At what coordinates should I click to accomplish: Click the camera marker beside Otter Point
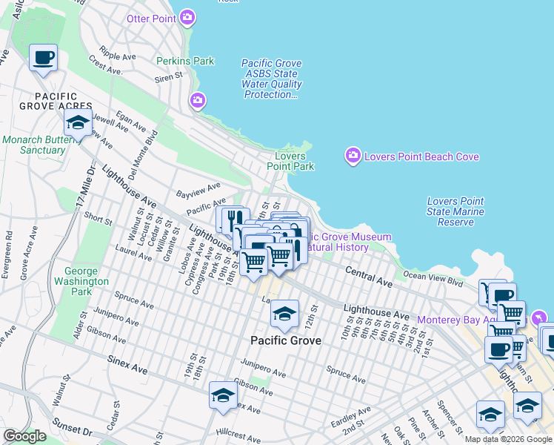pyautogui.click(x=188, y=17)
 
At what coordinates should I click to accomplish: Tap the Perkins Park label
pyautogui.click(x=184, y=61)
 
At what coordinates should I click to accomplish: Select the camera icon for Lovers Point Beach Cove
pyautogui.click(x=353, y=156)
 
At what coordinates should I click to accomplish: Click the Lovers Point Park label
pyautogui.click(x=290, y=161)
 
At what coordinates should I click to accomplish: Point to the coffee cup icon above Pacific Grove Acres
pyautogui.click(x=44, y=58)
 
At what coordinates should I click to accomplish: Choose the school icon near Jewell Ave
pyautogui.click(x=77, y=122)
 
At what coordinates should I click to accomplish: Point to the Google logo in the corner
pyautogui.click(x=24, y=436)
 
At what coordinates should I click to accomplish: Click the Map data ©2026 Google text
pyautogui.click(x=508, y=439)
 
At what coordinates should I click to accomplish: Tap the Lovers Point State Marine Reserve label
pyautogui.click(x=456, y=211)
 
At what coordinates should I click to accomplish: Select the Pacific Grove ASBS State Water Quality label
pyautogui.click(x=272, y=79)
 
